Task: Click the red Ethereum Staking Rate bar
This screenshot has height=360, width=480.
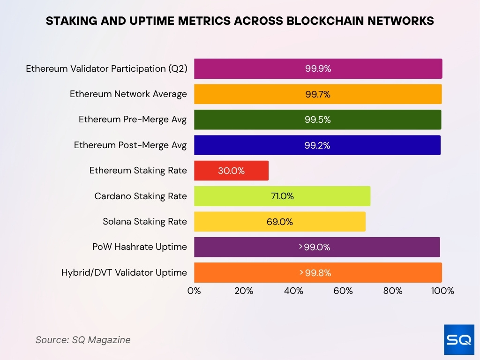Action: (x=231, y=171)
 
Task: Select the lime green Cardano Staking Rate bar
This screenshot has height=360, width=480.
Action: (x=282, y=196)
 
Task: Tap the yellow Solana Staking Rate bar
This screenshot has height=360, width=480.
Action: (x=279, y=222)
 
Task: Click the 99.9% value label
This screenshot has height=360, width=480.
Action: (x=318, y=68)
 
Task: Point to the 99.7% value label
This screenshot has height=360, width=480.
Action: (x=317, y=94)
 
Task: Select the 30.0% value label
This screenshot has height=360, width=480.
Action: (x=231, y=171)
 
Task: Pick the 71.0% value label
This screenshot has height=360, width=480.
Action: (x=282, y=196)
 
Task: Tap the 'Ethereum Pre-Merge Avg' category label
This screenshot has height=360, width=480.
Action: (x=133, y=120)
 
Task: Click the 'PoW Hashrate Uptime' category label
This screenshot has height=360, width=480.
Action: (x=139, y=247)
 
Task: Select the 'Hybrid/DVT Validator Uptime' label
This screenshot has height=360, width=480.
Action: (x=124, y=272)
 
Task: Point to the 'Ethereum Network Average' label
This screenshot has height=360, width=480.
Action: (x=128, y=94)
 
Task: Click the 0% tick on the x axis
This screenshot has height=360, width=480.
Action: (x=194, y=291)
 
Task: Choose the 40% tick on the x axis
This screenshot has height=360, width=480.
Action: (x=293, y=291)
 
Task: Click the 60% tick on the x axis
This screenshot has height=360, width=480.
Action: (x=343, y=291)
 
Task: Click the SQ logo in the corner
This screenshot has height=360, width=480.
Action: (x=458, y=339)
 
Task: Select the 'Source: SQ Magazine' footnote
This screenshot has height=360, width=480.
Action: (x=83, y=340)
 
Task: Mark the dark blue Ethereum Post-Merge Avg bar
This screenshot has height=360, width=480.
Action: (x=317, y=145)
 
